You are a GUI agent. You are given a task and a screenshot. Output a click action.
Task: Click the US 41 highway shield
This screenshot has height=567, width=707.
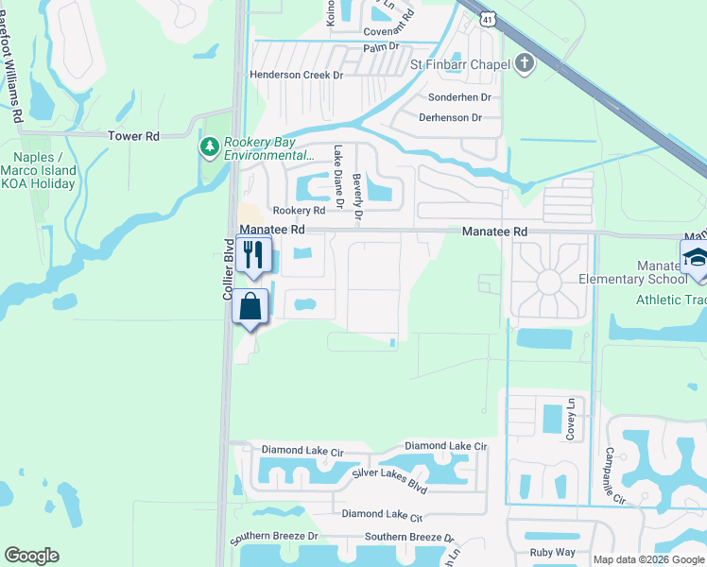point(487,19)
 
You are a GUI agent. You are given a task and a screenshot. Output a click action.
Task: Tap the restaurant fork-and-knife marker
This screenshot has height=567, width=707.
point(252,254)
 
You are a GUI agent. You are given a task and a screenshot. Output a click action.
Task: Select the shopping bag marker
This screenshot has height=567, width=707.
point(250,307)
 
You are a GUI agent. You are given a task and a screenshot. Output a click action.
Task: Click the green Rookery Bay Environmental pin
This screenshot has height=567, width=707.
point(208,146)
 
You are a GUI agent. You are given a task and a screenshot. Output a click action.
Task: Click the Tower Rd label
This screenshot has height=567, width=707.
point(133,136)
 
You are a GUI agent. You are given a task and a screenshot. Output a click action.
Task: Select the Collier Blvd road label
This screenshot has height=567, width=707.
point(228,269)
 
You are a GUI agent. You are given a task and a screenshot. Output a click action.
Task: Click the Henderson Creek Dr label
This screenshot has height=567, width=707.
point(295,75)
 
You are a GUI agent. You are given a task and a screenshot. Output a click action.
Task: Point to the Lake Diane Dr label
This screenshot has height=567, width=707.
point(337,171)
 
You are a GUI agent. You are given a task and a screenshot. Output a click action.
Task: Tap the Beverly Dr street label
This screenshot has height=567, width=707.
point(357,197)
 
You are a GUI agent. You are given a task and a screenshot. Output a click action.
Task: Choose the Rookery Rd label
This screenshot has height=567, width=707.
point(299,211)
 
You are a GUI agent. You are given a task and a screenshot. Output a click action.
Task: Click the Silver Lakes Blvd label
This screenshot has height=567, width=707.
point(389,480)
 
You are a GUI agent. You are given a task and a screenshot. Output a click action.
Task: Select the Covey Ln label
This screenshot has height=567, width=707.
point(571,419)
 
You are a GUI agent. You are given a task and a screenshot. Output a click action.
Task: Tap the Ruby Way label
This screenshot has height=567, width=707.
point(553,552)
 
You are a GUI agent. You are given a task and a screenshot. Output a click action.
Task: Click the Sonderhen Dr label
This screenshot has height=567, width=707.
point(460,97)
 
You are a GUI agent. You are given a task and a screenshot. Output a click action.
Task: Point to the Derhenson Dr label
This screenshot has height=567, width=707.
point(450,118)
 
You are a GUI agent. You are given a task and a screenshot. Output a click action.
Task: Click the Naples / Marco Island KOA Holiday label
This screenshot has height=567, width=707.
point(44,170)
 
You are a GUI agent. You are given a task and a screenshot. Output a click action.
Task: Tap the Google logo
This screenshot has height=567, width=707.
point(31,556)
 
